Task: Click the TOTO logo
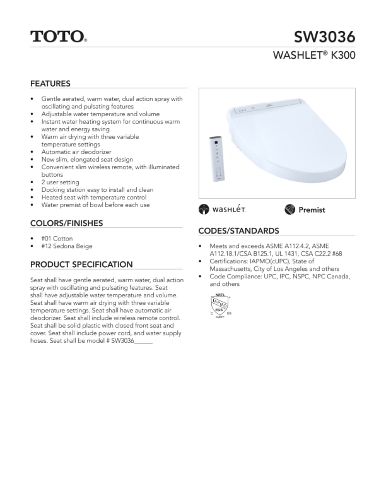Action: pyautogui.click(x=58, y=36)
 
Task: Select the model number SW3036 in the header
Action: pyautogui.click(x=324, y=37)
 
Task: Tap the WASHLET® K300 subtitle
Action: pyautogui.click(x=313, y=56)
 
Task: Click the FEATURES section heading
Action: pyautogui.click(x=50, y=83)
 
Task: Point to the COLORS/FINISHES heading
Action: pyautogui.click(x=66, y=223)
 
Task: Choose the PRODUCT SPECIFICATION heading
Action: pyautogui.click(x=81, y=265)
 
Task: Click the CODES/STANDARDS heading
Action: pyautogui.click(x=238, y=231)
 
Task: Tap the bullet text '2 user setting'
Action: pyautogui.click(x=61, y=182)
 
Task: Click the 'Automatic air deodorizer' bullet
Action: pyautogui.click(x=76, y=152)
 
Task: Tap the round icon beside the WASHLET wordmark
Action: pyautogui.click(x=204, y=210)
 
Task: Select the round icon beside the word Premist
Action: pyautogui.click(x=290, y=210)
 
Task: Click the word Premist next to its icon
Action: pyautogui.click(x=312, y=210)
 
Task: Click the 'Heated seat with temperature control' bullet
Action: pyautogui.click(x=93, y=198)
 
